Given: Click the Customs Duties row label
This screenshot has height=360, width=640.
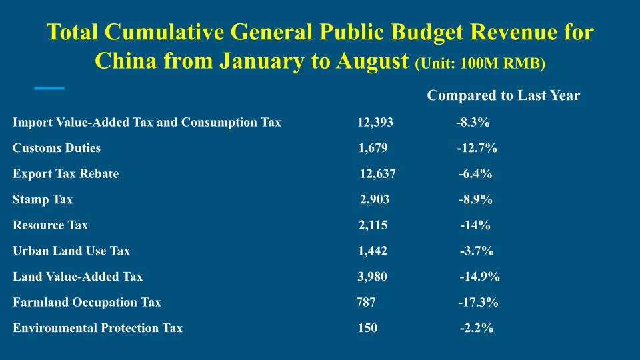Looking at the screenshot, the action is [57, 148].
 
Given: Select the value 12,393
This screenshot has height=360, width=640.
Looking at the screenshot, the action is [375, 122].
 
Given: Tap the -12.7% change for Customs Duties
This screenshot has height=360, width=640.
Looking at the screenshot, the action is [477, 148].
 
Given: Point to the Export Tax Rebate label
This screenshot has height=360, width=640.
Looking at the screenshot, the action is [66, 173].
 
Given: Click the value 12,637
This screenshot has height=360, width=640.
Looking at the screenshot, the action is [377, 173].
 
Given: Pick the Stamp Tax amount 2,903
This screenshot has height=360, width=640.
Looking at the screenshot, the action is [374, 199].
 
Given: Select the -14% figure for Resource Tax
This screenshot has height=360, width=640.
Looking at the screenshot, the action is [475, 225].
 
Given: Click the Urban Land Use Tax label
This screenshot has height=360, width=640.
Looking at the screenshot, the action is [71, 251].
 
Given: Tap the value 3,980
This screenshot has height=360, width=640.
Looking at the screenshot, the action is [372, 276].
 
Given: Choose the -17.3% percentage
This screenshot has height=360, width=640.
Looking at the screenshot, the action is [478, 302].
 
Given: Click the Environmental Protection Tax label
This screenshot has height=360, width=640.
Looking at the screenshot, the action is [97, 328].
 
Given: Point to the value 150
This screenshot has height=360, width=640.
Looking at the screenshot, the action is [367, 328].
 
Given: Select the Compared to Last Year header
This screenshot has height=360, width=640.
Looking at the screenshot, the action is [503, 95].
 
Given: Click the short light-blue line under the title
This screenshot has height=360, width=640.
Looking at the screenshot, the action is [49, 88].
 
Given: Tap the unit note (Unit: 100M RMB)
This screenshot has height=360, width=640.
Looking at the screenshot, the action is [480, 63].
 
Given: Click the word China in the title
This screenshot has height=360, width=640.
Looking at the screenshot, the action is [126, 61].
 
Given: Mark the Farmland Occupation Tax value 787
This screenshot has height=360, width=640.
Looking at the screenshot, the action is [366, 302].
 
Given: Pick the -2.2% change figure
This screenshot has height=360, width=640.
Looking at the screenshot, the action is [476, 328].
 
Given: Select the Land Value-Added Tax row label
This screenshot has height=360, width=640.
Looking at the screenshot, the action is [77, 276].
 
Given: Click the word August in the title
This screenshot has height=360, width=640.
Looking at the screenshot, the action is [372, 61].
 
